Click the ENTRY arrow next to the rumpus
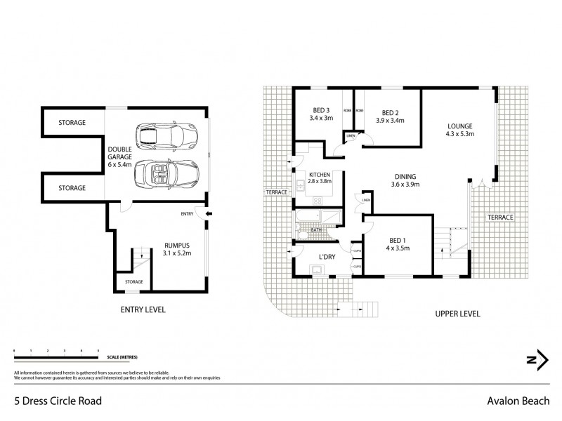click(199, 213)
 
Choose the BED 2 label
click(391, 112)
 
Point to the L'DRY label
click(327, 257)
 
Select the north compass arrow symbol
click(537, 359)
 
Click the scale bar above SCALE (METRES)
click(56, 349)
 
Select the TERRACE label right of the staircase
click(502, 218)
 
